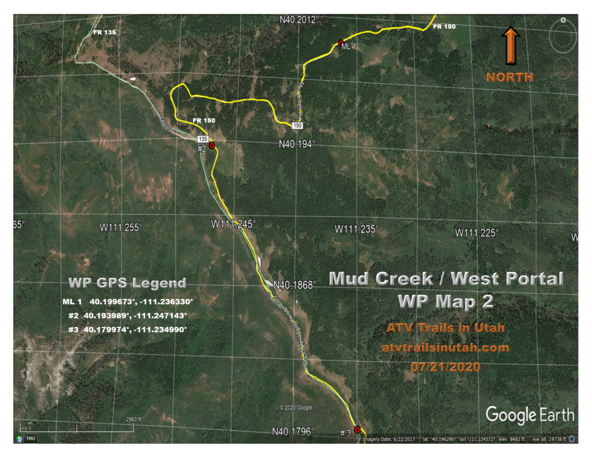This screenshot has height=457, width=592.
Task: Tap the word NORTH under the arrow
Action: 509,77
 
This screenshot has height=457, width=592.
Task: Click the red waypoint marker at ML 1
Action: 341,43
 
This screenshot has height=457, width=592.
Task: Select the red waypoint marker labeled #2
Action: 212,146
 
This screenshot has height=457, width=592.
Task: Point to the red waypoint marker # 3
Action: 357,429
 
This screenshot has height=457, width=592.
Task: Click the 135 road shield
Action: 202,139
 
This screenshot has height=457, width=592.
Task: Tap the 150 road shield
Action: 297,125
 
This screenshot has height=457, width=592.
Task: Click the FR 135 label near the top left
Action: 105,32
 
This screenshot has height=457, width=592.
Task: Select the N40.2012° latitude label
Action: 299,20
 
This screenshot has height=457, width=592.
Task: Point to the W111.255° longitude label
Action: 120,228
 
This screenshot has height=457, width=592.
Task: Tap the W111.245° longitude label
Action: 233,224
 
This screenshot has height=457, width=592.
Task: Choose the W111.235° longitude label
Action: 357,229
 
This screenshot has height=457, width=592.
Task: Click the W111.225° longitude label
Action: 476,233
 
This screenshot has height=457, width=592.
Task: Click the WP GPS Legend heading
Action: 127,283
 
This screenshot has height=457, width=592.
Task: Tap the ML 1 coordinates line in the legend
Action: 127,302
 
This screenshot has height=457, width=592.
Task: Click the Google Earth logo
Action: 530,415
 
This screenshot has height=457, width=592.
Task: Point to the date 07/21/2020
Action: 445,367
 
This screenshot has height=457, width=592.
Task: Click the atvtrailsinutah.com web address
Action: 445,348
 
